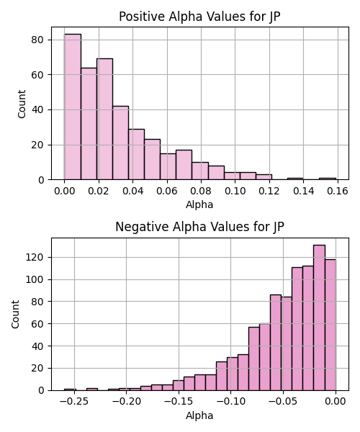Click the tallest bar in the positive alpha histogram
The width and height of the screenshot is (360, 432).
click(73, 107)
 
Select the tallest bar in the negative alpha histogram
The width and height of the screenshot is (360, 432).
click(319, 318)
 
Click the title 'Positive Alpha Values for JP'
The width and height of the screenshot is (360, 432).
click(199, 17)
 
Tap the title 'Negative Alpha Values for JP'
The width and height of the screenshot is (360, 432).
click(199, 227)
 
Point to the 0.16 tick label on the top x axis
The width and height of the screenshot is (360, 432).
click(338, 191)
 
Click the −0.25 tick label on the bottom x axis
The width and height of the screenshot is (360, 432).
click(74, 402)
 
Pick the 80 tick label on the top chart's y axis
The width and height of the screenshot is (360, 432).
click(37, 40)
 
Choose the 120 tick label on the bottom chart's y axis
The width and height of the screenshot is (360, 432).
click(35, 257)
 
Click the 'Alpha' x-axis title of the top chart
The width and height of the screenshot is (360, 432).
click(199, 204)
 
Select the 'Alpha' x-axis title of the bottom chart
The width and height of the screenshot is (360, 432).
click(199, 415)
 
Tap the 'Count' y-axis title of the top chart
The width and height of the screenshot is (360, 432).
click(22, 104)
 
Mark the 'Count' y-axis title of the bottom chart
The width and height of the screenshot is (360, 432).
click(15, 315)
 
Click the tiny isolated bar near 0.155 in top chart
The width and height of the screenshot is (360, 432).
click(328, 179)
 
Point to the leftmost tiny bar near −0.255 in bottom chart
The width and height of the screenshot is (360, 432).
click(70, 390)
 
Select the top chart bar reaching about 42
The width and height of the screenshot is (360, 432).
click(121, 143)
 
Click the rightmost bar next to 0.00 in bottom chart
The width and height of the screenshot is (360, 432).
click(330, 325)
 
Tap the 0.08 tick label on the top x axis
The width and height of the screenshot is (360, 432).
click(201, 191)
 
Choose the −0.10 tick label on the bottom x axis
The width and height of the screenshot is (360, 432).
click(231, 402)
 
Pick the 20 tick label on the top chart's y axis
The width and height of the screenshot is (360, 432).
click(37, 145)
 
